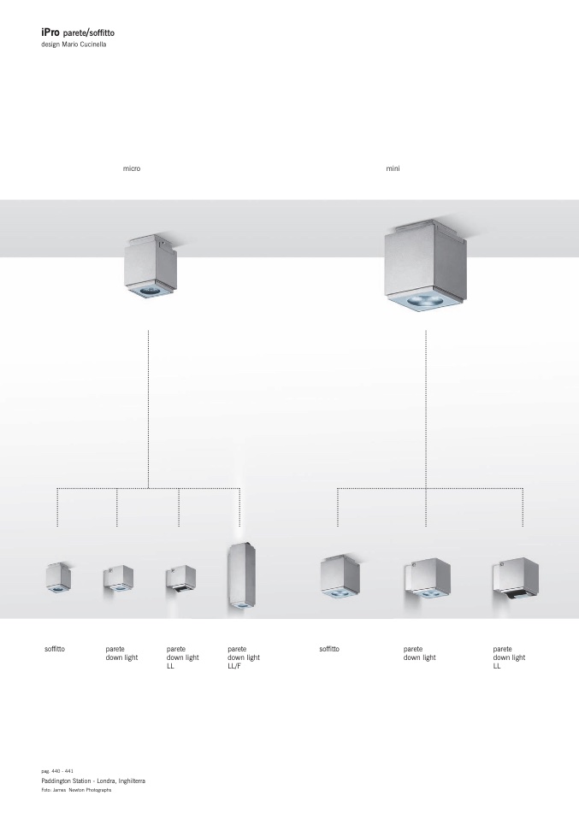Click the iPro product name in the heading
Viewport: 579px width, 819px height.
50,32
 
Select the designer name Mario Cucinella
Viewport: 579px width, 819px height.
84,44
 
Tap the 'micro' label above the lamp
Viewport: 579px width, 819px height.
132,168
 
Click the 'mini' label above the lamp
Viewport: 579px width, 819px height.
393,168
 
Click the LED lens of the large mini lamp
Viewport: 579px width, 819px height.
424,300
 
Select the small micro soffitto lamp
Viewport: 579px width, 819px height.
58,577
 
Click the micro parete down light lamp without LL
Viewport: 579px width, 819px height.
118,579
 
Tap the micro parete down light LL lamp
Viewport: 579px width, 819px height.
180,579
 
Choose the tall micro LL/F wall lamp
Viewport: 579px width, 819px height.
241,577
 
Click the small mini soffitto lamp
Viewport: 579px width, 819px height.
340,577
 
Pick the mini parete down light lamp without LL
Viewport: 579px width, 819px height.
428,578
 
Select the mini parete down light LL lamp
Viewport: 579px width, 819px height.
516,578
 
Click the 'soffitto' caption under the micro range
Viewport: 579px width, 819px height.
55,649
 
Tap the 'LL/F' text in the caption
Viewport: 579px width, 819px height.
234,666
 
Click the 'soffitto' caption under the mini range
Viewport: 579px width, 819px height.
329,649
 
